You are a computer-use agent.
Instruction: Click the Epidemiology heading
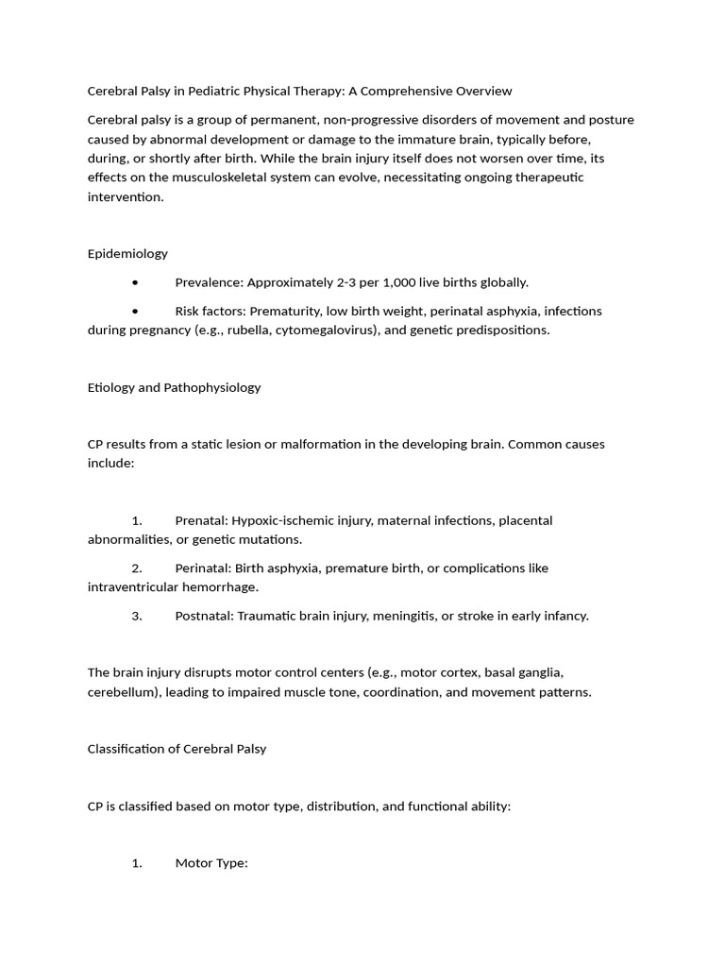[x=127, y=253]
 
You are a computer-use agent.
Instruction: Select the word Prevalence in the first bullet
[x=209, y=282]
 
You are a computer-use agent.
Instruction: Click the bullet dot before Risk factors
[x=136, y=311]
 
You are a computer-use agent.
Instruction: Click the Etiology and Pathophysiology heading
[x=174, y=387]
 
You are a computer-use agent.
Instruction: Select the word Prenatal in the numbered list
[x=200, y=520]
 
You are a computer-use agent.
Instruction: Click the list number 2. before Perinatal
[x=137, y=568]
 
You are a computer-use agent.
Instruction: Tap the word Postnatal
[x=203, y=616]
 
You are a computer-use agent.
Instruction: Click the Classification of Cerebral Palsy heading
[x=177, y=749]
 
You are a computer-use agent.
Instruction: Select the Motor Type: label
[x=211, y=863]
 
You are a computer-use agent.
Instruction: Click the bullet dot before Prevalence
[x=136, y=282]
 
